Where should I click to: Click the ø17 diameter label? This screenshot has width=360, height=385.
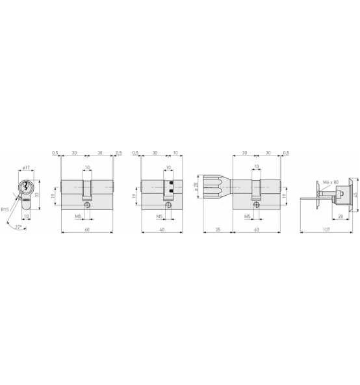[26, 168]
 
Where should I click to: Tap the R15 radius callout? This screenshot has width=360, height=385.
[5, 209]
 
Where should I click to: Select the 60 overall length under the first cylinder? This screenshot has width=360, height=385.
[86, 230]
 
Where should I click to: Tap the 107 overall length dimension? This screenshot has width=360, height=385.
[326, 230]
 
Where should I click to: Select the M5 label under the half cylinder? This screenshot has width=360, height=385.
[158, 215]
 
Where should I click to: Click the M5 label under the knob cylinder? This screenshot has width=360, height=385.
[247, 215]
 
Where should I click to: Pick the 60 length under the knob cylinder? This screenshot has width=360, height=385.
[257, 230]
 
